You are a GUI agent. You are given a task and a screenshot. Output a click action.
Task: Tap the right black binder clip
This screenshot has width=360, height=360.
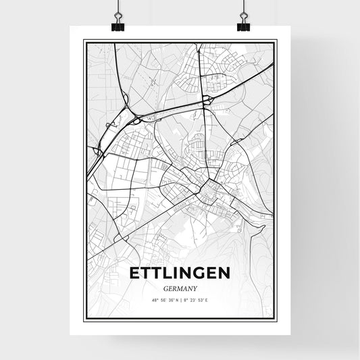[x=243, y=24]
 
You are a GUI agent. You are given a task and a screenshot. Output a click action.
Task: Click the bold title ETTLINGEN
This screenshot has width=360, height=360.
[x=180, y=273]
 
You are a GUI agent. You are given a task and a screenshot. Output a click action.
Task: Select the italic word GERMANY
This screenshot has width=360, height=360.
[x=180, y=288]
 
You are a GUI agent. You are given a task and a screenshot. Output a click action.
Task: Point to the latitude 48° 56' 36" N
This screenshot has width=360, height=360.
[x=164, y=300]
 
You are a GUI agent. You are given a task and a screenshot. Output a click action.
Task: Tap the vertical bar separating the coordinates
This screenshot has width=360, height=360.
[x=180, y=300]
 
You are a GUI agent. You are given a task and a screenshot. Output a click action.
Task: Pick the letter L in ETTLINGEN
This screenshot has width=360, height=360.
[x=168, y=273]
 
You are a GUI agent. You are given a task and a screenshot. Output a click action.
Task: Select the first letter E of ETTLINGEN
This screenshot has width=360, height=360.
[x=134, y=273]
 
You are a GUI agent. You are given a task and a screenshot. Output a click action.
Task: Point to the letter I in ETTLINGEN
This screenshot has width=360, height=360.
[x=176, y=273]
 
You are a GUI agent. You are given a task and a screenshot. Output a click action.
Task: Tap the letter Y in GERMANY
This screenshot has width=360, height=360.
[x=195, y=288]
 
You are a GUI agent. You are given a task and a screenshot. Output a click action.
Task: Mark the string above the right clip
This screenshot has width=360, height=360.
[x=243, y=8]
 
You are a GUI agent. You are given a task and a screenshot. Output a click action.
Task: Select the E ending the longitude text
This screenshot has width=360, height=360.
[x=209, y=300]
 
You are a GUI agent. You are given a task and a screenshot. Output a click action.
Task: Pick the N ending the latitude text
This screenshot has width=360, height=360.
[x=176, y=300]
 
